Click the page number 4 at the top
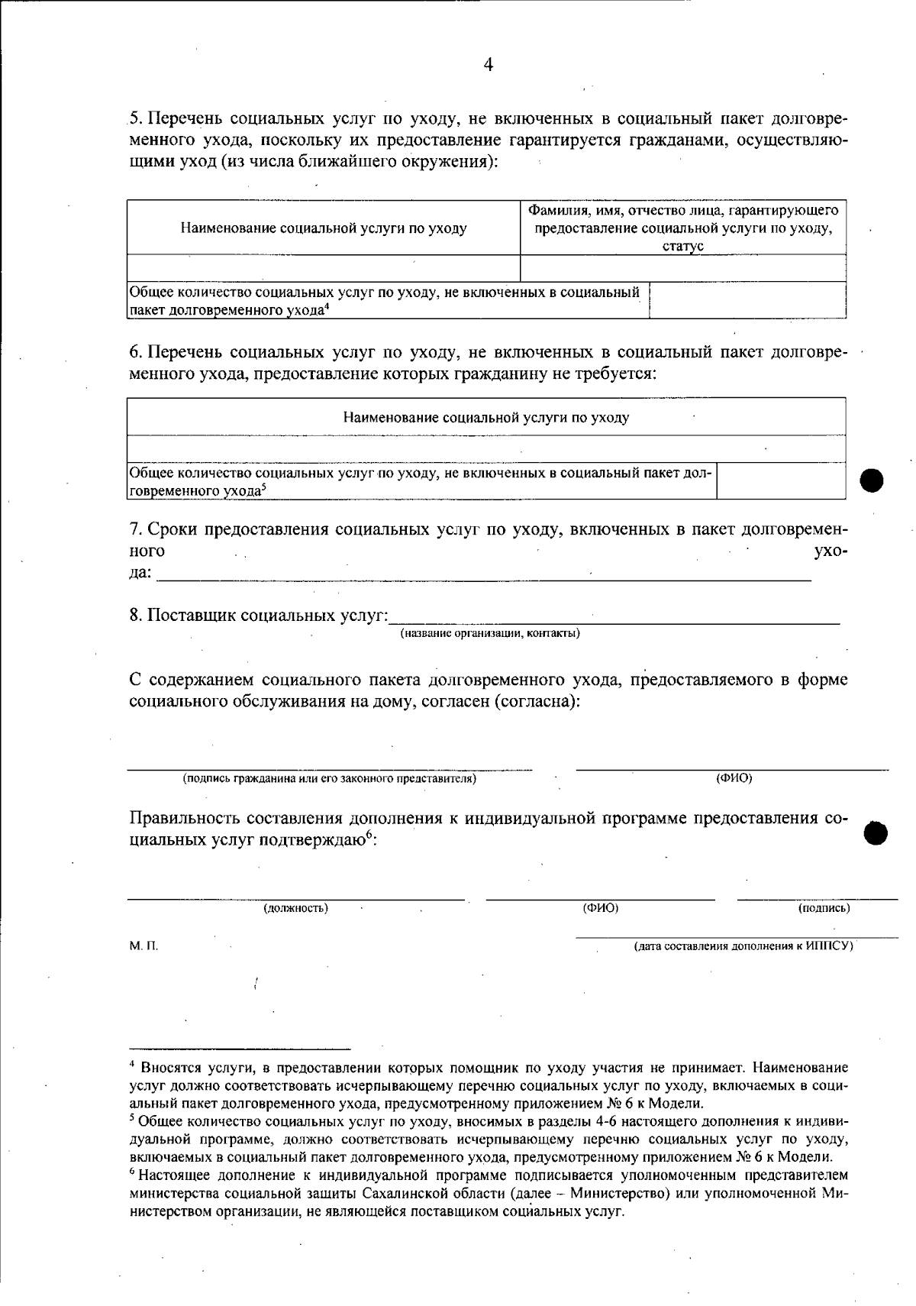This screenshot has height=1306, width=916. [489, 66]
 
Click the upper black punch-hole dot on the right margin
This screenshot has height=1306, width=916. [872, 480]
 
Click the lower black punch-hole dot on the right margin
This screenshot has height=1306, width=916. [876, 833]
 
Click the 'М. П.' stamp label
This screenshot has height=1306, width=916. [144, 946]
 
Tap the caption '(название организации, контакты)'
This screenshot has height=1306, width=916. [490, 633]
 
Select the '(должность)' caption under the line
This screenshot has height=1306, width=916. [296, 908]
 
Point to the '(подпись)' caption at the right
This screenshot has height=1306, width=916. [824, 908]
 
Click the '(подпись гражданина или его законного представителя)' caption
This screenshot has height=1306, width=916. [329, 779]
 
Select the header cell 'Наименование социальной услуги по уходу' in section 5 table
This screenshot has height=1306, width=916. [324, 228]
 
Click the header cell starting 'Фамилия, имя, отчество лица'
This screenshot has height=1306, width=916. [683, 228]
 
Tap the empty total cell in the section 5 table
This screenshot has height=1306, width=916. [747, 300]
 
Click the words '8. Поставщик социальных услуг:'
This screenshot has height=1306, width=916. [259, 616]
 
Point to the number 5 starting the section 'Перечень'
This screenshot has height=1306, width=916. [134, 119]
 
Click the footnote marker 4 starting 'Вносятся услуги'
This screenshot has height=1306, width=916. [132, 1065]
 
